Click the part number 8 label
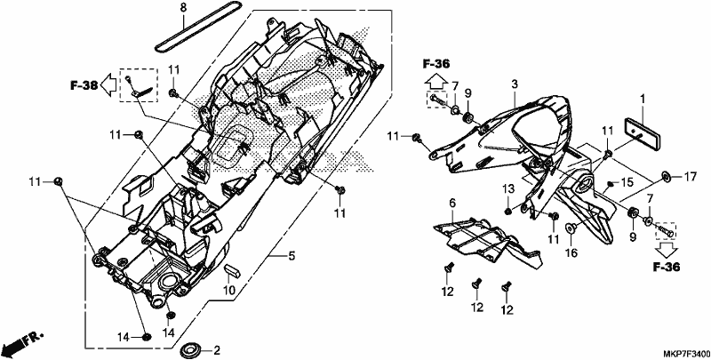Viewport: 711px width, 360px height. pyautogui.click(x=183, y=8)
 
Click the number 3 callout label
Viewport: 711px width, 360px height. pyautogui.click(x=515, y=84)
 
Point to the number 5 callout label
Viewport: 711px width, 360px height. pyautogui.click(x=292, y=257)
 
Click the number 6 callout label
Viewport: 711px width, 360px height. pyautogui.click(x=452, y=203)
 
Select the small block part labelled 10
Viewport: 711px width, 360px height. pyautogui.click(x=232, y=270)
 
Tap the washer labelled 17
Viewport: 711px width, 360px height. pyautogui.click(x=667, y=176)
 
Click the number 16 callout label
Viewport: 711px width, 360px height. pyautogui.click(x=571, y=252)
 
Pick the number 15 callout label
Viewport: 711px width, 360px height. pyautogui.click(x=627, y=183)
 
